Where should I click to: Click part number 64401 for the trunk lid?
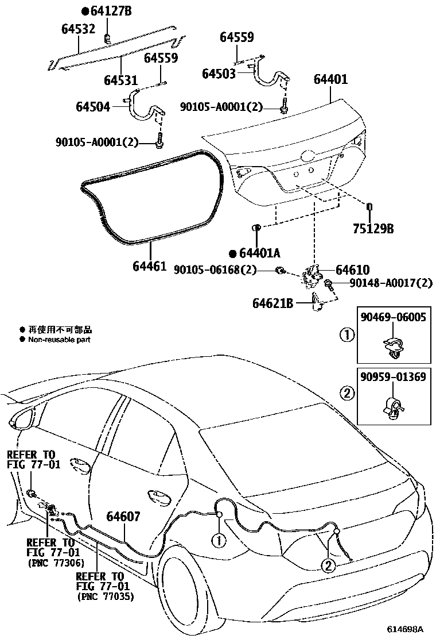pyautogui.click(x=330, y=79)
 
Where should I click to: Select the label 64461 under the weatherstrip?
pyautogui.click(x=149, y=266)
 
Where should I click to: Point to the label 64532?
pyautogui.click(x=78, y=29)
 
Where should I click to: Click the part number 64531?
pyautogui.click(x=121, y=79)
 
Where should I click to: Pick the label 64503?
pyautogui.click(x=219, y=74)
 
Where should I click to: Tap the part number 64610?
pyautogui.click(x=352, y=270)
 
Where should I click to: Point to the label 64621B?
pyautogui.click(x=272, y=302)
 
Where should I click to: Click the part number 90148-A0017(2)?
pyautogui.click(x=384, y=283)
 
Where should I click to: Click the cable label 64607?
pyautogui.click(x=123, y=517)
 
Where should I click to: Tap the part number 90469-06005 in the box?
pyautogui.click(x=393, y=317)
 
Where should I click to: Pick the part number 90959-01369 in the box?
pyautogui.click(x=393, y=377)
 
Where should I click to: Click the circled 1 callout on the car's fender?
pyautogui.click(x=219, y=540)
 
